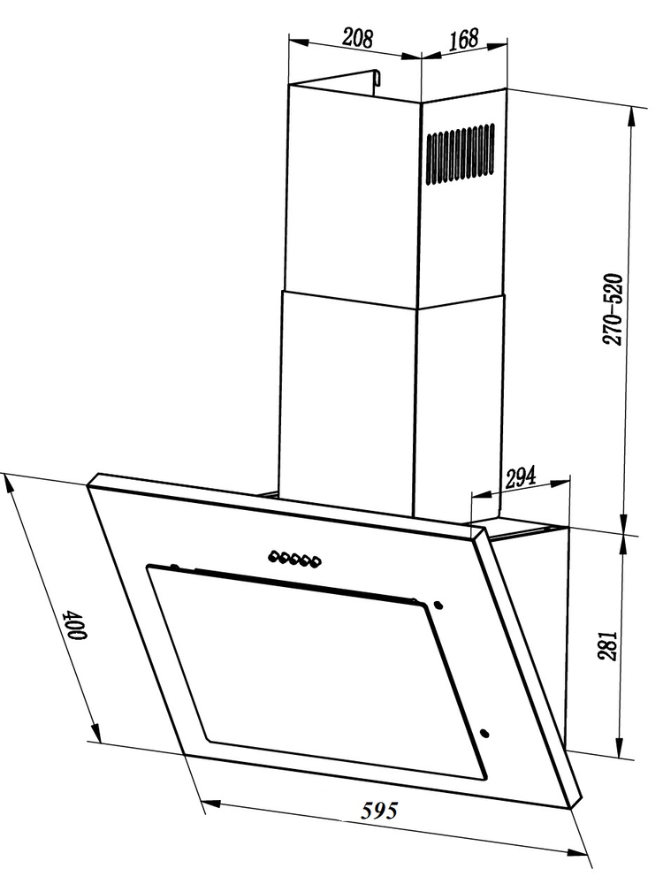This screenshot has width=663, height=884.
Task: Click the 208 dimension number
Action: tap(357, 38)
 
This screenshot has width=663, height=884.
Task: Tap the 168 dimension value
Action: tap(462, 39)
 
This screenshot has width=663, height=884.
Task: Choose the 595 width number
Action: tap(382, 810)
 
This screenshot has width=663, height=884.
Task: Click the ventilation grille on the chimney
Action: tap(461, 154)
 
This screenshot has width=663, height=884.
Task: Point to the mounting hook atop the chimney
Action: tap(377, 80)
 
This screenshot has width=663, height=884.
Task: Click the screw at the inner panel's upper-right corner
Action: tap(438, 606)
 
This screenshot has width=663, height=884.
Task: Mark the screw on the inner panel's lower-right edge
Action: tap(485, 733)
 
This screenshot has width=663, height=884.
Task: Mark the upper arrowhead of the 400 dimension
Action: tap(11, 484)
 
